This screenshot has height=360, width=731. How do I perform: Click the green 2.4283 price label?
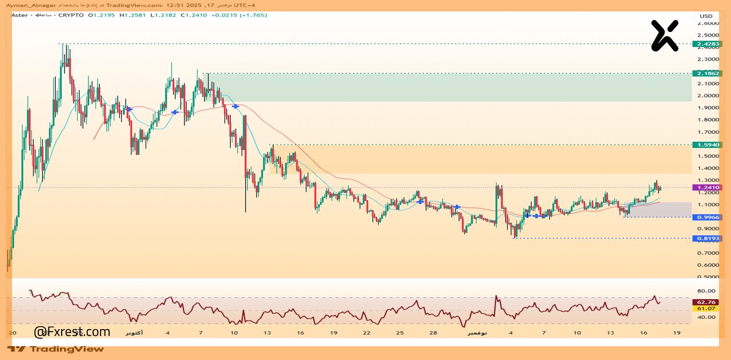tap(706, 44)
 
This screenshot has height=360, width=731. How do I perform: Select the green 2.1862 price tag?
tap(706, 74)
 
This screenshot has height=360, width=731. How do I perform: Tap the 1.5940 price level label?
tap(706, 145)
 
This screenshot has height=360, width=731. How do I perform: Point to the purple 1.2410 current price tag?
tap(706, 187)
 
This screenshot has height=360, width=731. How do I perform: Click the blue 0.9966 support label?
tap(706, 217)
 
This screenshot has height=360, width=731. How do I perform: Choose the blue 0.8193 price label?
tap(706, 238)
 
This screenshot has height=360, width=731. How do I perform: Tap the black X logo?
tap(665, 35)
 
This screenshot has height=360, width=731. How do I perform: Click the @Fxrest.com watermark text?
tap(72, 332)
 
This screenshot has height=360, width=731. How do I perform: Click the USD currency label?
tap(706, 16)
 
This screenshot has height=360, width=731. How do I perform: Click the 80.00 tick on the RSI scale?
tap(706, 290)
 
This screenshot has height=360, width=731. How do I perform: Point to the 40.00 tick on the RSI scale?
tap(706, 317)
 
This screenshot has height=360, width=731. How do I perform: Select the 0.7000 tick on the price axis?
tap(708, 253)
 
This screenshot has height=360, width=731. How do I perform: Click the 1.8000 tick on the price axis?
tap(708, 119)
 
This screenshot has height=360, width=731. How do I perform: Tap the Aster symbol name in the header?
tap(20, 15)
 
